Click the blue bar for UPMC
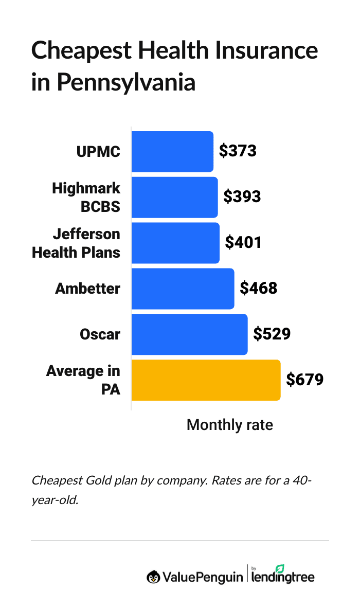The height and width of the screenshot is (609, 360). [172, 152]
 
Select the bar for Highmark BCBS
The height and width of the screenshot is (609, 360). [174, 197]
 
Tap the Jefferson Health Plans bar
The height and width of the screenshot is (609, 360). [175, 243]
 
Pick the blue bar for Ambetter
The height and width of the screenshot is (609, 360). [183, 289]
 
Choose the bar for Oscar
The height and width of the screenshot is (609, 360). [189, 334]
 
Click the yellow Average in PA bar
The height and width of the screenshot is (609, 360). [206, 380]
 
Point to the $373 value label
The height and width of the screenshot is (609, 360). [237, 151]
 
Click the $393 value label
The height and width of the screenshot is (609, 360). [242, 196]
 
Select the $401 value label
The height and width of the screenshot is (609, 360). [243, 242]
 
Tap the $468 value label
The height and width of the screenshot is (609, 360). [258, 288]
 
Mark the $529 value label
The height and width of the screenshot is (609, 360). [272, 334]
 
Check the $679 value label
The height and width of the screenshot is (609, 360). [304, 380]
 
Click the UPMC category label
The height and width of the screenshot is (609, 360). [98, 152]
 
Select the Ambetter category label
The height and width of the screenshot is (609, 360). [87, 289]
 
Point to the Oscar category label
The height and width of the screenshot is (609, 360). [100, 334]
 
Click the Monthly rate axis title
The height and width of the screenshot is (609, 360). [229, 425]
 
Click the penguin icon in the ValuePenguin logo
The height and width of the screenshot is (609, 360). [153, 577]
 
